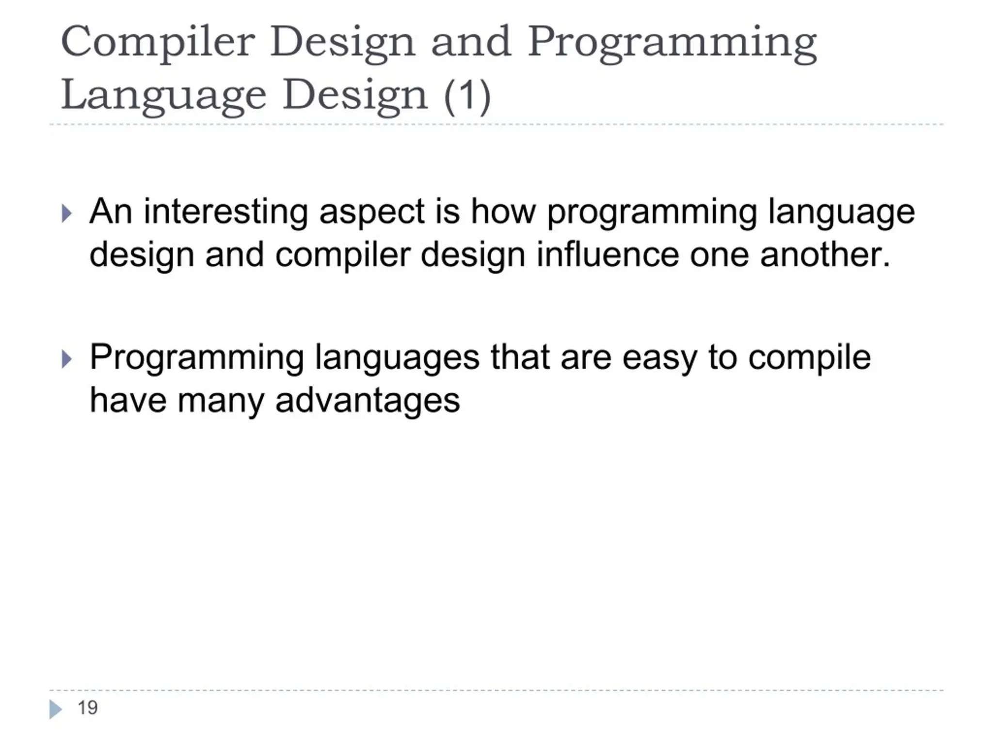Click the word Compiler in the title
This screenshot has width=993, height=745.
[x=158, y=42]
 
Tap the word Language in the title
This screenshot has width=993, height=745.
[x=163, y=95]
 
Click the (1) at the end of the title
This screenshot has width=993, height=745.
[x=467, y=95]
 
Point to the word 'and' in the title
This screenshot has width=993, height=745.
[x=471, y=42]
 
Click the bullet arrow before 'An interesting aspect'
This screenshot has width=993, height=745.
[x=67, y=213]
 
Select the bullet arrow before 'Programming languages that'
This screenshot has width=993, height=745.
[x=67, y=359]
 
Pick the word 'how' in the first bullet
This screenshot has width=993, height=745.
[x=503, y=212]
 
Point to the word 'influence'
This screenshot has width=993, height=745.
[x=608, y=255]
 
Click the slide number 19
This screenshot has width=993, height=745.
[x=88, y=708]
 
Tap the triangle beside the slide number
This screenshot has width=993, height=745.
[x=55, y=709]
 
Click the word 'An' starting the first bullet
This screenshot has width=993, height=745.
[x=111, y=212]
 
